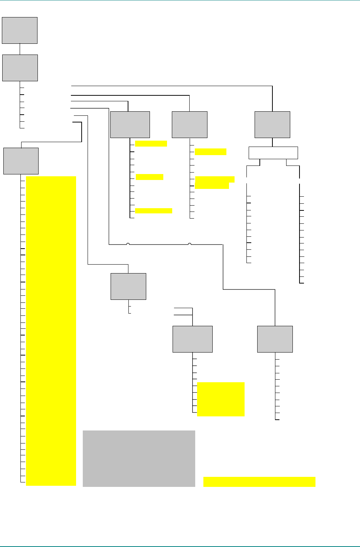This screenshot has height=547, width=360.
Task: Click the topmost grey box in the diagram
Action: [20, 30]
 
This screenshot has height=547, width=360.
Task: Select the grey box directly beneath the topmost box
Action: [20, 68]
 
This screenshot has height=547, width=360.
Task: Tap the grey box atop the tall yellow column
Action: [21, 161]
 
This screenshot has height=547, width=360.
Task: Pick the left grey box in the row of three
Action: [130, 125]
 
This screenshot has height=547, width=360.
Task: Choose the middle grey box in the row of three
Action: [190, 125]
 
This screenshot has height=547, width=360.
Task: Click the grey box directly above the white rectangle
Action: [272, 125]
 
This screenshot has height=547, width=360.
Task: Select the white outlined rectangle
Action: [273, 153]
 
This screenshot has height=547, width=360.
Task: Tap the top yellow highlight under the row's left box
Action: [151, 144]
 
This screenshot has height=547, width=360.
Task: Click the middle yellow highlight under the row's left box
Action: [150, 177]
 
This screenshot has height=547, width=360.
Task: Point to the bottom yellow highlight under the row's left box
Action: [154, 211]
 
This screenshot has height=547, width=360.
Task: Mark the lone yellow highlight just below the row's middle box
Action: [210, 151]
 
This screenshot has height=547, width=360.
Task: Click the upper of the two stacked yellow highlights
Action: [215, 179]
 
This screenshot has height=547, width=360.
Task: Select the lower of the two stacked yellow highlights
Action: [212, 186]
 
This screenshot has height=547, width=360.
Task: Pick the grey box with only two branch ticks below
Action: [128, 286]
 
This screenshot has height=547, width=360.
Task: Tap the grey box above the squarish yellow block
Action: [193, 339]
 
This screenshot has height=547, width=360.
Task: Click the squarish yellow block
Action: [221, 399]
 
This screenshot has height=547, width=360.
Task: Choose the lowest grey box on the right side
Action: [275, 339]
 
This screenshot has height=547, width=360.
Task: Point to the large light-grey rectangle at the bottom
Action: [139, 458]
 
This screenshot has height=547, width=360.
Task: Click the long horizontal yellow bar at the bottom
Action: [259, 482]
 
